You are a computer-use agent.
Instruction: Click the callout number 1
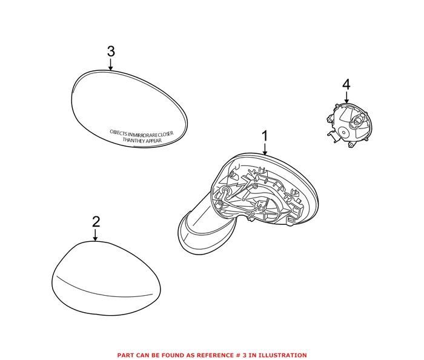[x=265, y=136]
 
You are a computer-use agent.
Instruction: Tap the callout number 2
[x=96, y=222]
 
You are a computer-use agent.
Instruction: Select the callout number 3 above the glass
[x=111, y=51]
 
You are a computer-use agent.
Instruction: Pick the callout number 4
[x=346, y=85]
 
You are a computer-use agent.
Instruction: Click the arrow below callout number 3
[x=110, y=64]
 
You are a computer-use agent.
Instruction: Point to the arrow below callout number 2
[x=95, y=235]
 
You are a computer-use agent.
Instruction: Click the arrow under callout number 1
[x=265, y=149]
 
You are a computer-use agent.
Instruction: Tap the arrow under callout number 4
[x=346, y=98]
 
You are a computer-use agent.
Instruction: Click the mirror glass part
[x=129, y=108]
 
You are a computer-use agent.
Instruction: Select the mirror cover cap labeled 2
[x=106, y=278]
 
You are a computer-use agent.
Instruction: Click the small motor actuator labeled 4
[x=350, y=125]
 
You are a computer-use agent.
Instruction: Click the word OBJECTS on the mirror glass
[x=119, y=133]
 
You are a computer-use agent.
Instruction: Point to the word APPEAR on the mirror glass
[x=153, y=141]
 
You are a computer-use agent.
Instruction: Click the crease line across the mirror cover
[x=104, y=287]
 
